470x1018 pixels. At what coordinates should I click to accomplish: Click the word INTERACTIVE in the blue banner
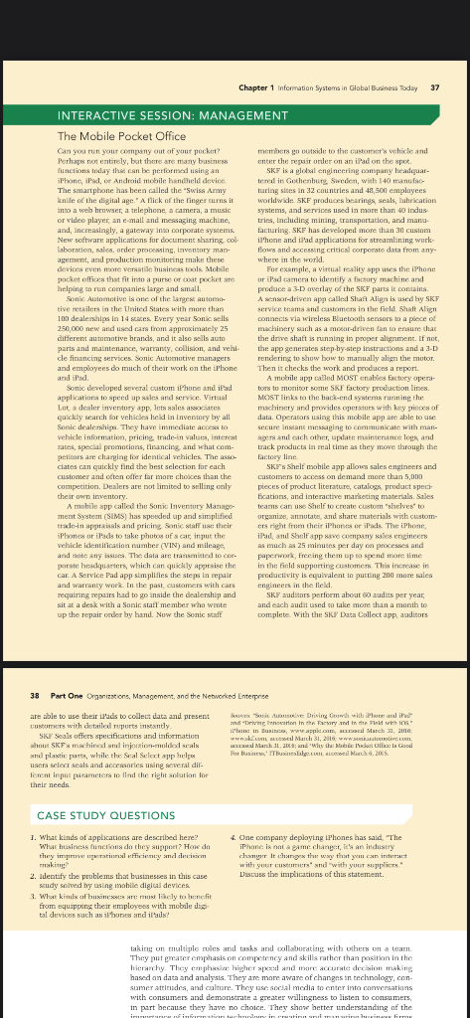[x=97, y=115]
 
